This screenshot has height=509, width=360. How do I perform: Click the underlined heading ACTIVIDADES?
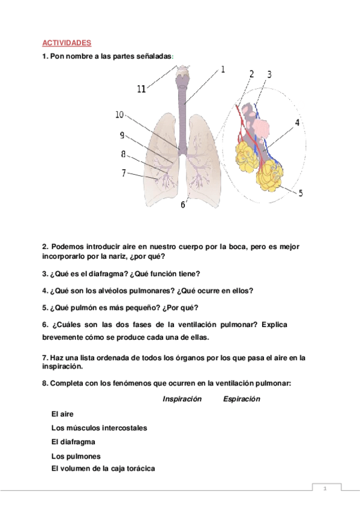point(66,43)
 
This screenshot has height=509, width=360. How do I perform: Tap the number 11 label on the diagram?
point(142,89)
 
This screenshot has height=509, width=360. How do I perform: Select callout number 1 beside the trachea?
point(223,70)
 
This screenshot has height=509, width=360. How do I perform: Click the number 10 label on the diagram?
point(119,115)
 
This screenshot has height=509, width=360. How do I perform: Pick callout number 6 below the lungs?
point(183,205)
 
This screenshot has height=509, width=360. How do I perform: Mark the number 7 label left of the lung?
point(124,173)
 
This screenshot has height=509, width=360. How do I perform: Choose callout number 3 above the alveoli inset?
point(269,74)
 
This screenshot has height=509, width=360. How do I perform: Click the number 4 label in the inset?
point(296,123)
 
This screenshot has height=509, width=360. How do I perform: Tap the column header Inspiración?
point(182,399)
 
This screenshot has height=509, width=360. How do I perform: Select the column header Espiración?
point(241,399)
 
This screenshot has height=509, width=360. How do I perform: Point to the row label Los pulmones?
point(76,456)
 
